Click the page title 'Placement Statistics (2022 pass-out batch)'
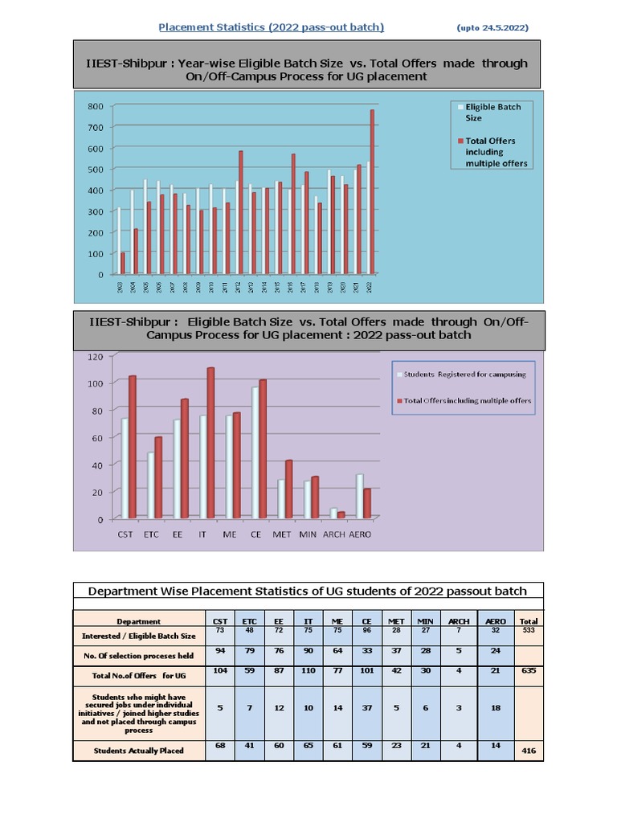(271, 27)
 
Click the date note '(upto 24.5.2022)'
(492, 28)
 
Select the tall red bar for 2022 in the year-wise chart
(372, 193)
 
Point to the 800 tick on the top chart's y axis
(95, 106)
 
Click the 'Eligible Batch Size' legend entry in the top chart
(492, 113)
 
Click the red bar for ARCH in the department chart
(341, 514)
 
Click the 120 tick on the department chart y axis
(95, 356)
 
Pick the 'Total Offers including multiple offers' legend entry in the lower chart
(466, 400)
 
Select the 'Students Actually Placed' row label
(138, 751)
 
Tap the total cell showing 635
(529, 670)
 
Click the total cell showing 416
(529, 751)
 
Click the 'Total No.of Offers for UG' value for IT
(308, 670)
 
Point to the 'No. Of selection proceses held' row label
(138, 656)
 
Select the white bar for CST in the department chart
(125, 468)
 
